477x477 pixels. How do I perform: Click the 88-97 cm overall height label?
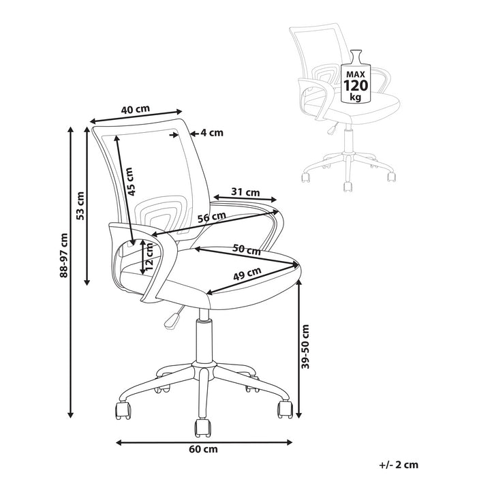[x=63, y=256]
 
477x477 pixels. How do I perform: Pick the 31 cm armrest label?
[x=245, y=191]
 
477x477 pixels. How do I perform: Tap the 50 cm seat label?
[x=247, y=249]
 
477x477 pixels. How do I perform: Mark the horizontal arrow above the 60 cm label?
[x=204, y=440]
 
